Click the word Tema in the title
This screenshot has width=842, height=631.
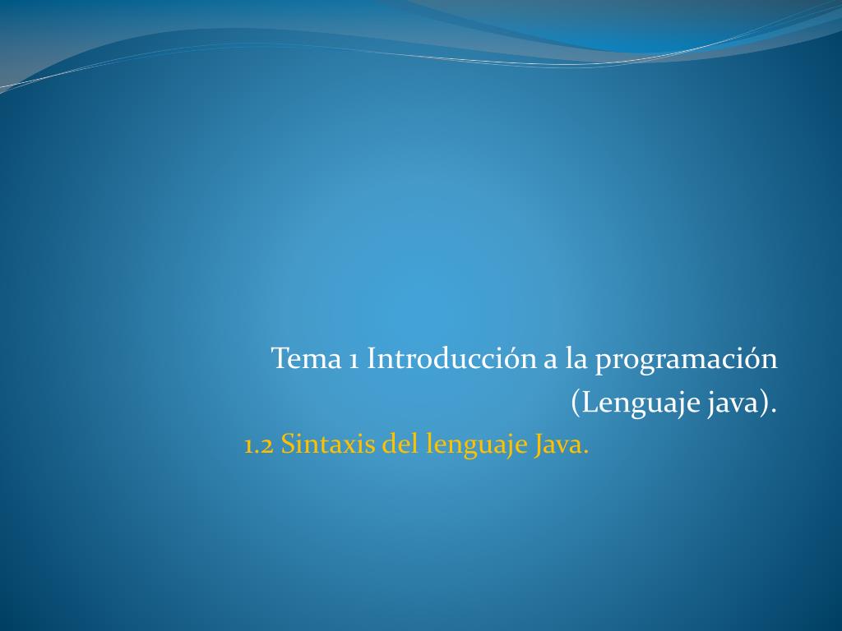point(303,358)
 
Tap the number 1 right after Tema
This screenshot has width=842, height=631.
point(350,359)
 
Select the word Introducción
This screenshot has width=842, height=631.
point(451,358)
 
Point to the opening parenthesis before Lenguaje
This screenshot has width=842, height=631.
point(576,404)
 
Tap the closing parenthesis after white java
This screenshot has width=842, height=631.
point(766,404)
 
